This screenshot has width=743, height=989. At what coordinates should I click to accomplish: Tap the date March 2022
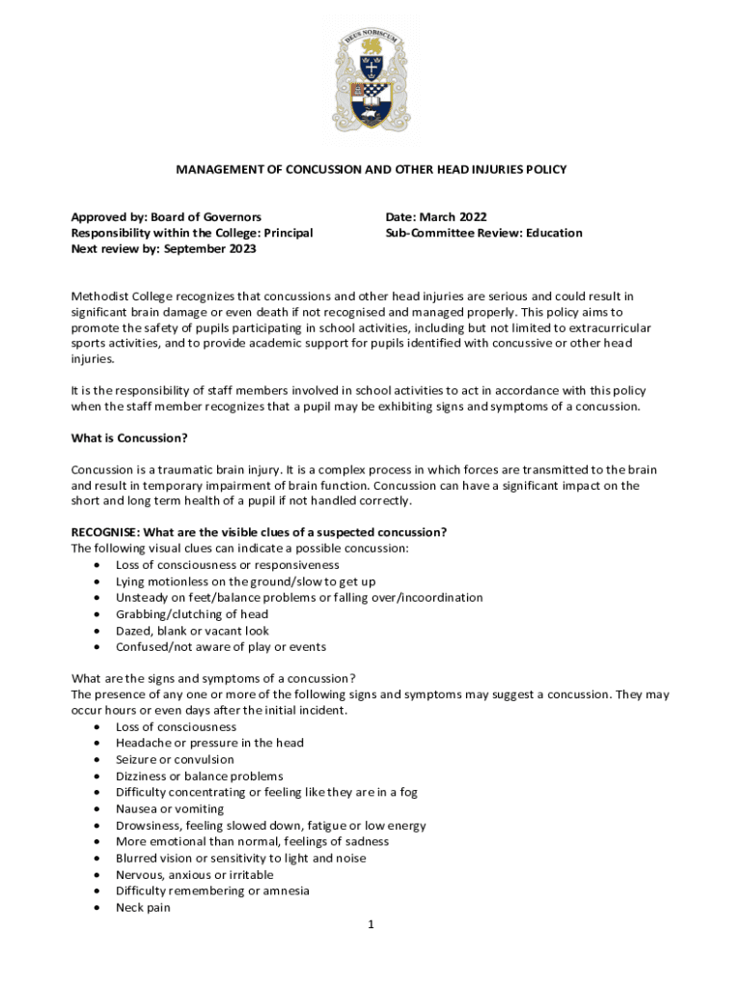point(454,217)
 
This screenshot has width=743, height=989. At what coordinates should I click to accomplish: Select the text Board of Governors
point(206,217)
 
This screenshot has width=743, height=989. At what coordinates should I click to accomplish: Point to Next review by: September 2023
point(164,249)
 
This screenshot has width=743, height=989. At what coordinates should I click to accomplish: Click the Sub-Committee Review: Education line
point(483,233)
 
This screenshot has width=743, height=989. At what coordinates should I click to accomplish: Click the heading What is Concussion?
point(129,438)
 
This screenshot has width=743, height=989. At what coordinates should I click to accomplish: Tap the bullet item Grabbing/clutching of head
point(192,614)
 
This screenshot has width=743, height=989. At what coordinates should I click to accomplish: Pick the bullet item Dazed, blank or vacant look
point(192,631)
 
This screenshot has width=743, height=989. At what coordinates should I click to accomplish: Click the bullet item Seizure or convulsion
point(175,760)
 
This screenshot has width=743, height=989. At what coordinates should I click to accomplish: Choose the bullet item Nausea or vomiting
point(170,809)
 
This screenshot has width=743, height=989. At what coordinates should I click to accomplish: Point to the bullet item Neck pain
point(143,908)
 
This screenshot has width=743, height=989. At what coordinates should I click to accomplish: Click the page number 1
point(371,924)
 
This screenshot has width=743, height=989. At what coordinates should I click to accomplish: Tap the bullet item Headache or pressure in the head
point(209,744)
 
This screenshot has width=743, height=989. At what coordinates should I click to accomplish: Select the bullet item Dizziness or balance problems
point(200,777)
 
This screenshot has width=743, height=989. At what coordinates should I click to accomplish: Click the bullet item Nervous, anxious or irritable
point(194,875)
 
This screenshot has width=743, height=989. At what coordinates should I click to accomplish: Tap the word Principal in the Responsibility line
point(287,233)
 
